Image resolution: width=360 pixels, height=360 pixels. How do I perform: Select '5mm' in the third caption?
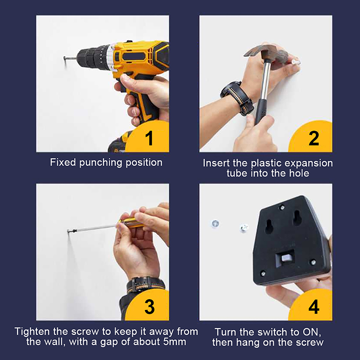(175, 342)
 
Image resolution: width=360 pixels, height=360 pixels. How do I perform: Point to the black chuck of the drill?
(91, 58)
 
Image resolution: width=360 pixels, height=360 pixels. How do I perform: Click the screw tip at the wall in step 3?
(68, 231)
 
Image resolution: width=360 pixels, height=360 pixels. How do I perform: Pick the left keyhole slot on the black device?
(268, 226)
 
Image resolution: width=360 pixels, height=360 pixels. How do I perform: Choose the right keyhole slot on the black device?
(297, 218)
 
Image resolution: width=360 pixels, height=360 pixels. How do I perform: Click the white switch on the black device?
(286, 257)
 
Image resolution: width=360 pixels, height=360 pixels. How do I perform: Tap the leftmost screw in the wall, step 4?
(215, 223)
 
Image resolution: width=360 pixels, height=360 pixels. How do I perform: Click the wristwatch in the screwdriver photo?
(145, 285)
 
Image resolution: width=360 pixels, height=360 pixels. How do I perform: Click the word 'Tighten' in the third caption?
(32, 332)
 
